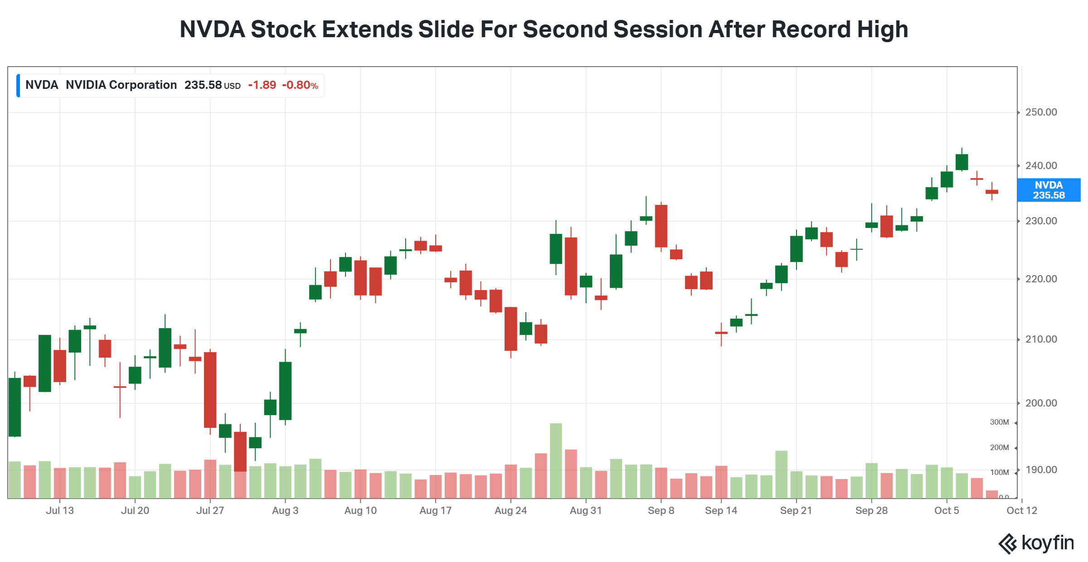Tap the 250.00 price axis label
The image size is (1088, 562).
1041,112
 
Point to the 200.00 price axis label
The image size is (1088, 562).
1041,403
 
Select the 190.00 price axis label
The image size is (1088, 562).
1041,470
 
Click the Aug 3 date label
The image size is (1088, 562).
285,510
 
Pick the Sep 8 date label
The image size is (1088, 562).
661,510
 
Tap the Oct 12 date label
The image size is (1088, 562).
1022,510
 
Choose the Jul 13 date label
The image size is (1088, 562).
60,510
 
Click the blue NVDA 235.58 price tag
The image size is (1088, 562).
1049,190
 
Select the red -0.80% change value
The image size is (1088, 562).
300,85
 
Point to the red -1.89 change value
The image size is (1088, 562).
262,85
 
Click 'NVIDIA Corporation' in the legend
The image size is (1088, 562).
121,85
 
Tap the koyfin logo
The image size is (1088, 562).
1036,543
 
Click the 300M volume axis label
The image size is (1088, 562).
999,422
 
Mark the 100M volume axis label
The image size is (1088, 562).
999,472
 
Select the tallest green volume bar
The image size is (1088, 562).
556,460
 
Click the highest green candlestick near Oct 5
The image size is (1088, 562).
962,162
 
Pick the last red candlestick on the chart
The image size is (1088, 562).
992,192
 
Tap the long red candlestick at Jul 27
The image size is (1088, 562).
210,390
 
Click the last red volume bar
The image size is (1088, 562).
992,494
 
